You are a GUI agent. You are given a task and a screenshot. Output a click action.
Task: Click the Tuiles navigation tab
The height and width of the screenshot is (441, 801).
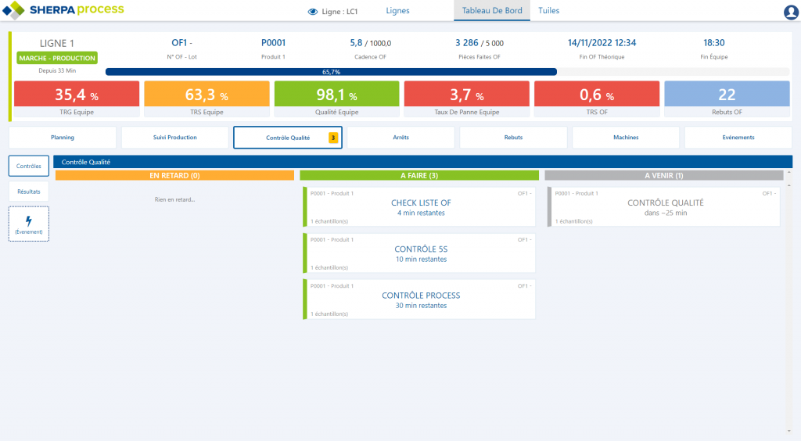548,11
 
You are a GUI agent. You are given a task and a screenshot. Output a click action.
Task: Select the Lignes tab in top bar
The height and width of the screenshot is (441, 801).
397,11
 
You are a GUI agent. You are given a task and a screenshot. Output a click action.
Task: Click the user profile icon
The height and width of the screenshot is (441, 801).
790,12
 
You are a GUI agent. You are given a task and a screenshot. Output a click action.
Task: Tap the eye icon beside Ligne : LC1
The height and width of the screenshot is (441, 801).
313,12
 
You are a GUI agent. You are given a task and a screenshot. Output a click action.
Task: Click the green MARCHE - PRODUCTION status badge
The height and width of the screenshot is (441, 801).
57,58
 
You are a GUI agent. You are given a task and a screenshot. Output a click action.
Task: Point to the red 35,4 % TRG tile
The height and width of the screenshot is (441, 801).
76,95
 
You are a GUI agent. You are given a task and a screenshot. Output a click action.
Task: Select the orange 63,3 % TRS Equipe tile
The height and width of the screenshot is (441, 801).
207,95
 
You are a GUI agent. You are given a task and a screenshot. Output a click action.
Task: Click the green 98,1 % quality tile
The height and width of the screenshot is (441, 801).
336,95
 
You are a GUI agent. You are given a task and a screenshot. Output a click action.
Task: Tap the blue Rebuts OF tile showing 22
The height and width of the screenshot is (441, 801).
727,95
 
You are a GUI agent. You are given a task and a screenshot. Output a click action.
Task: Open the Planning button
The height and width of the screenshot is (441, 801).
63,138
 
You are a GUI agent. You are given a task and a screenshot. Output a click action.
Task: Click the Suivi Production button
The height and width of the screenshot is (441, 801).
175,138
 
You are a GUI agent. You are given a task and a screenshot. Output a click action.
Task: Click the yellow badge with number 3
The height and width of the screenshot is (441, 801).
332,138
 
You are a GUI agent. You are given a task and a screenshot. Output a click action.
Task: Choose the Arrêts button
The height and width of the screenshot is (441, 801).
400,138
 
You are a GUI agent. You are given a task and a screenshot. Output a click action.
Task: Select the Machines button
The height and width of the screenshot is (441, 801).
626,138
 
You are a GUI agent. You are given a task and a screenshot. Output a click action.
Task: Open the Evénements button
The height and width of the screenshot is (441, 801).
738,138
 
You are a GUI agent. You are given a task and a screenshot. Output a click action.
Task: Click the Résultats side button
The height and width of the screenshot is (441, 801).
29,191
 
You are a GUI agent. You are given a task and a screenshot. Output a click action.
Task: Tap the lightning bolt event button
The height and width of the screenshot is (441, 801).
29,224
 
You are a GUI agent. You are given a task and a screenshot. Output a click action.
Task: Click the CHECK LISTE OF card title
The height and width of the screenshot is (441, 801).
421,203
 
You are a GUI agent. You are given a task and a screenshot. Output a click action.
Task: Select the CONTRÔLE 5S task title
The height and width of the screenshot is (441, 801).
421,249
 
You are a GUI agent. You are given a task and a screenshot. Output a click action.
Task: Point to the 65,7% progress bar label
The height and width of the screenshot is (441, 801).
331,72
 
